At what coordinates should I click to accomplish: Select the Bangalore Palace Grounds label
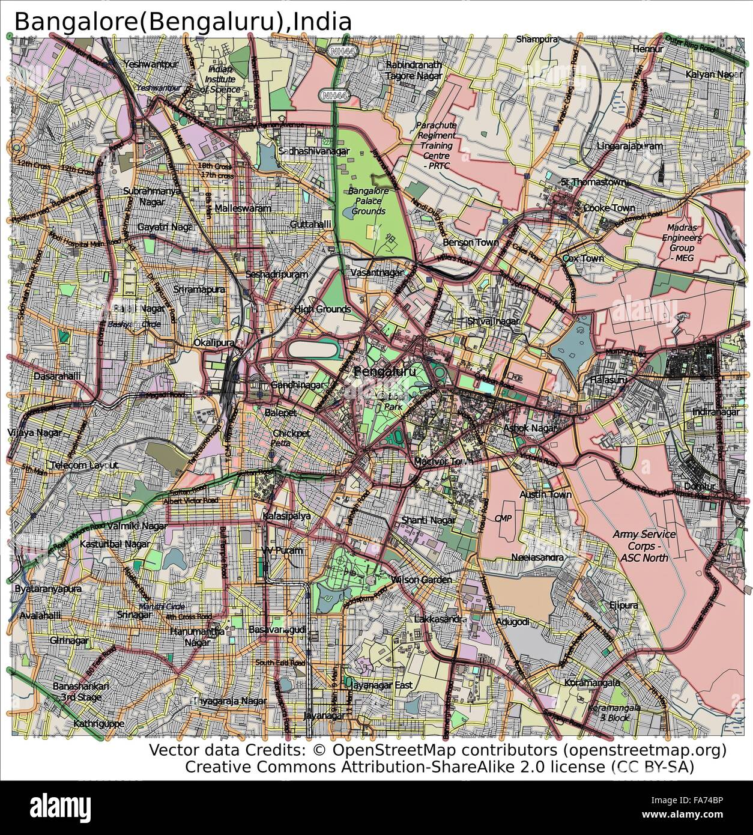tap(369, 201)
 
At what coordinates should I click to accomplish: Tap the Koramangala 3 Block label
tap(623, 712)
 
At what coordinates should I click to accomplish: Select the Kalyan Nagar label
tap(711, 74)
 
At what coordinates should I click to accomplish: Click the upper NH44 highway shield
tap(340, 52)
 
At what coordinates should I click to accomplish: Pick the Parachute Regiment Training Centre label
tap(437, 145)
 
